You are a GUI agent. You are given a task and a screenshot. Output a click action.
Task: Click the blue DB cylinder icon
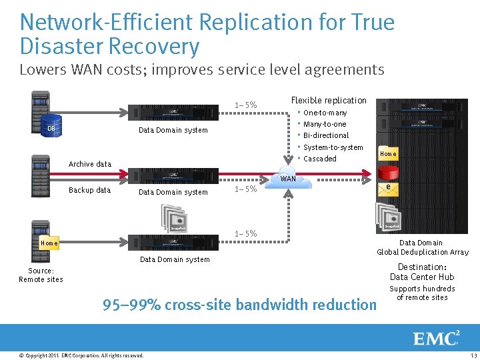[51, 128]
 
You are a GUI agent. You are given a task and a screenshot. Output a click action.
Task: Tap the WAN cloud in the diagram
[288, 181]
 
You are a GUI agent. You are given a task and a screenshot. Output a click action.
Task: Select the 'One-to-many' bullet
[325, 113]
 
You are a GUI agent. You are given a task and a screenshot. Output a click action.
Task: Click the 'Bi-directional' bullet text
[325, 135]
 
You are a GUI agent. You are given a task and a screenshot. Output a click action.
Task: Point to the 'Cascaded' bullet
[319, 159]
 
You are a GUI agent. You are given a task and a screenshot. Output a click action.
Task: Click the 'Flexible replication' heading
[329, 100]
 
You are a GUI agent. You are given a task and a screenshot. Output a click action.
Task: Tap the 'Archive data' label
[90, 164]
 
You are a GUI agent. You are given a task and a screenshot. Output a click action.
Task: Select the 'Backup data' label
[90, 190]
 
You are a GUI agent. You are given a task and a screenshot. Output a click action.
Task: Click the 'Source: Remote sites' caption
[41, 275]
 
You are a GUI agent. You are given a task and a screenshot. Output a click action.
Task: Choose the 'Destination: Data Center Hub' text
[422, 272]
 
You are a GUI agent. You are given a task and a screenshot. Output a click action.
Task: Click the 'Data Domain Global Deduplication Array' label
[423, 247]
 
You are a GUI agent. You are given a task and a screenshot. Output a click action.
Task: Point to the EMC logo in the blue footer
[437, 338]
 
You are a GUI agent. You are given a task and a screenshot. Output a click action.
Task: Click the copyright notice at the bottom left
[81, 355]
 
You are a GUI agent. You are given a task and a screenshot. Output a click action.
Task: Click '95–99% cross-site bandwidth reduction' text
[239, 305]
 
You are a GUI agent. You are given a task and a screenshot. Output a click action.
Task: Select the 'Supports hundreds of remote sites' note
[422, 293]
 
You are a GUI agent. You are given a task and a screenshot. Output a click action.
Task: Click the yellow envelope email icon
[388, 189]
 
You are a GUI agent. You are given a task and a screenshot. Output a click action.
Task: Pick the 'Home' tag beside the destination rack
[388, 154]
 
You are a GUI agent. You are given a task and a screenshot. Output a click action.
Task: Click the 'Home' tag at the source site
[49, 243]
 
